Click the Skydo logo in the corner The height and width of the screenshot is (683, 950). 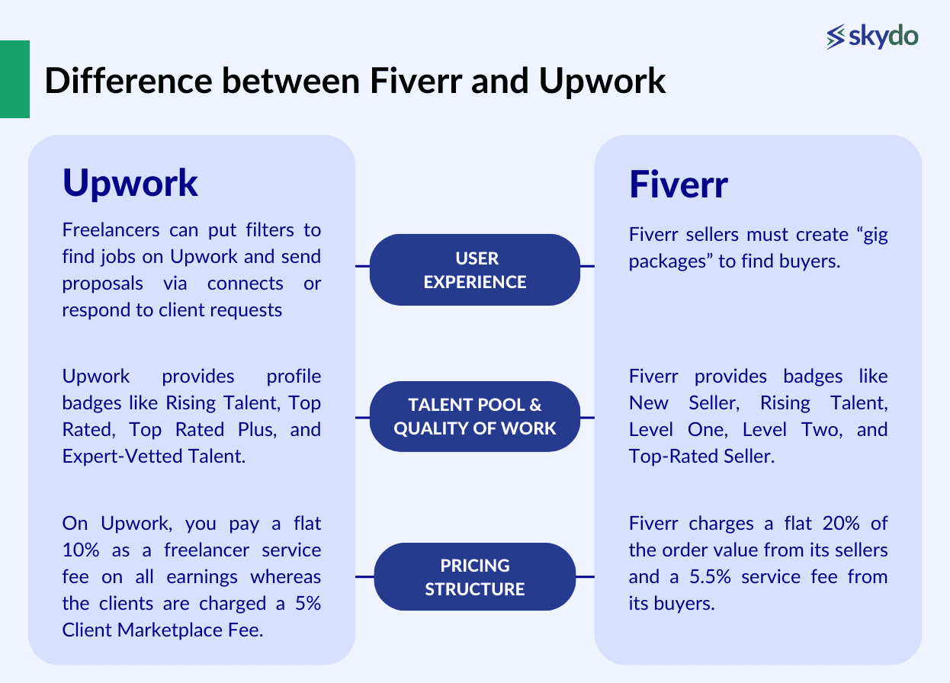(872, 36)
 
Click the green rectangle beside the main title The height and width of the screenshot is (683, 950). (14, 79)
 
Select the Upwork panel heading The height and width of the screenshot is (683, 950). (130, 183)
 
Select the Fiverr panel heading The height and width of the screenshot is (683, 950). (678, 185)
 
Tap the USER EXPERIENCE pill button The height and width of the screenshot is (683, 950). (474, 270)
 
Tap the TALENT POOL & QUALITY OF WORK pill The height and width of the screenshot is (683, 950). (474, 417)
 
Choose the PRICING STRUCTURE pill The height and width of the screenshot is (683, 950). (474, 577)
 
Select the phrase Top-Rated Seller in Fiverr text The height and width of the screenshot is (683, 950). (701, 457)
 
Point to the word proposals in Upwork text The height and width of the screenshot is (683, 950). (102, 284)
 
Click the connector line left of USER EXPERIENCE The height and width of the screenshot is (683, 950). (363, 266)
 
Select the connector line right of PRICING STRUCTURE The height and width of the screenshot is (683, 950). (585, 577)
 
